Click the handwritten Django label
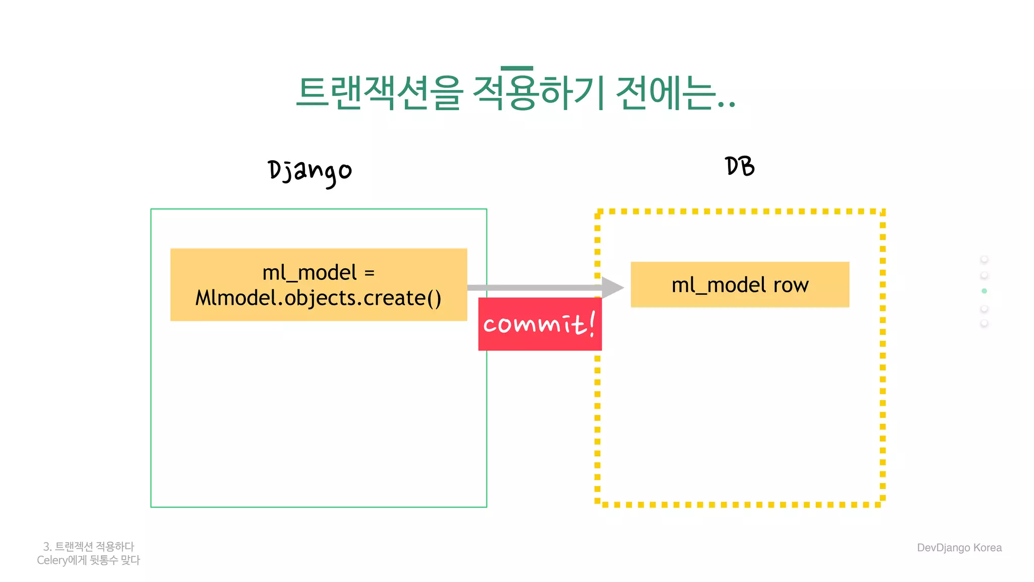[x=309, y=172]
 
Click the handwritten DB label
[x=740, y=166]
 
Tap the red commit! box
[x=539, y=324]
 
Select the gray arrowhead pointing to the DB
[x=612, y=287]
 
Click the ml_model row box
[x=740, y=284]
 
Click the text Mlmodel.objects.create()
[x=318, y=298]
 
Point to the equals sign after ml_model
[x=370, y=273]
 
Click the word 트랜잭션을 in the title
[x=379, y=93]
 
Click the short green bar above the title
[x=516, y=68]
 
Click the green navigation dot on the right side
[x=984, y=291]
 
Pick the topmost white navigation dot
[x=984, y=259]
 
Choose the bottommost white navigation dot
[x=984, y=323]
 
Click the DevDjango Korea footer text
[x=959, y=548]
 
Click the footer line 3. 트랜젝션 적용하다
[x=89, y=547]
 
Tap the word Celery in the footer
[x=52, y=560]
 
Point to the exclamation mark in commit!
[x=592, y=323]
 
